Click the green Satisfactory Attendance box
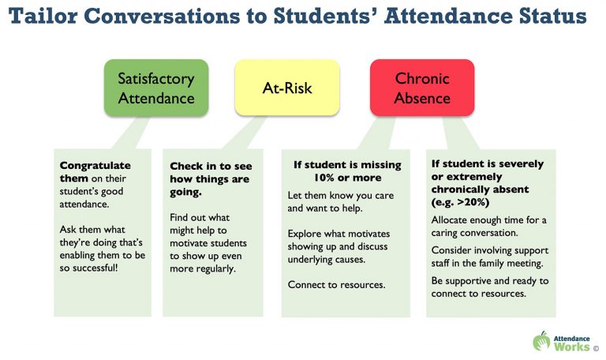(x=156, y=88)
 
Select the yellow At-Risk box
(x=287, y=88)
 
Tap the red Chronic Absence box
(x=422, y=88)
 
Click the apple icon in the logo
(x=541, y=341)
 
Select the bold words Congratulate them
(x=95, y=171)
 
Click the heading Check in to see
(x=211, y=167)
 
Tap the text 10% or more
(x=347, y=178)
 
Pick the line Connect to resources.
(x=336, y=285)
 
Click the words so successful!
(x=88, y=268)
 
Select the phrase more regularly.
(x=203, y=268)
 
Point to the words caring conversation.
(x=474, y=233)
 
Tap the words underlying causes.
(x=326, y=260)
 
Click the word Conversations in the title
(x=162, y=17)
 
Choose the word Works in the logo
(x=571, y=346)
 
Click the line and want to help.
(x=324, y=208)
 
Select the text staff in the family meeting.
(x=488, y=264)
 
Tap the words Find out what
(x=200, y=217)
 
